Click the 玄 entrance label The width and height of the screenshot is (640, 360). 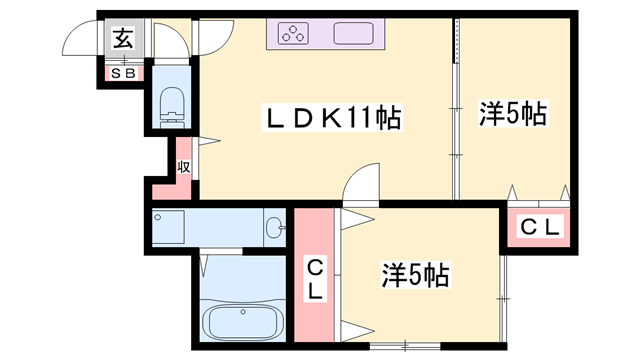tap(123, 40)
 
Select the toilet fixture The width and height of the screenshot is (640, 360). tap(172, 104)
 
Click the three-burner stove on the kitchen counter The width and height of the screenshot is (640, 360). tap(295, 35)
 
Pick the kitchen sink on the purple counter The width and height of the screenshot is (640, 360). tap(354, 35)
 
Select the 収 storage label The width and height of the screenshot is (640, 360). tap(184, 166)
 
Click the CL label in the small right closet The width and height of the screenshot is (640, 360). tap(540, 227)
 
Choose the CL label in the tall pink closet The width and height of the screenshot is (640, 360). tap(315, 279)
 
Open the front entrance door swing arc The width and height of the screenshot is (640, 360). tap(80, 40)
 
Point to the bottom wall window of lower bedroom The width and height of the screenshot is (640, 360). tap(405, 346)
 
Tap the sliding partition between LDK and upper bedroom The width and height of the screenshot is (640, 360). tap(457, 110)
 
